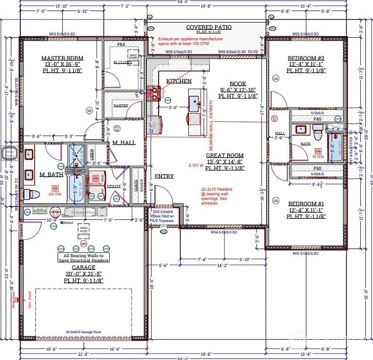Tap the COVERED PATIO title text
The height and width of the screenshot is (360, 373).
(204, 27)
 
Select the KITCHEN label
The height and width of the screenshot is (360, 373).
(178, 81)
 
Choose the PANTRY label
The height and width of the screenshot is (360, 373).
(121, 106)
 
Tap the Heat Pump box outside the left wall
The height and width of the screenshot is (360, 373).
(9, 152)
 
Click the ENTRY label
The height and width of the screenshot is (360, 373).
(164, 176)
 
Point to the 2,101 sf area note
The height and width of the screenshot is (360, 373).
(195, 166)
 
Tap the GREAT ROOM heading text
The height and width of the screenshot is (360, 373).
(225, 155)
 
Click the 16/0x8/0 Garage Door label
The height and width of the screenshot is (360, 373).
(83, 333)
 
